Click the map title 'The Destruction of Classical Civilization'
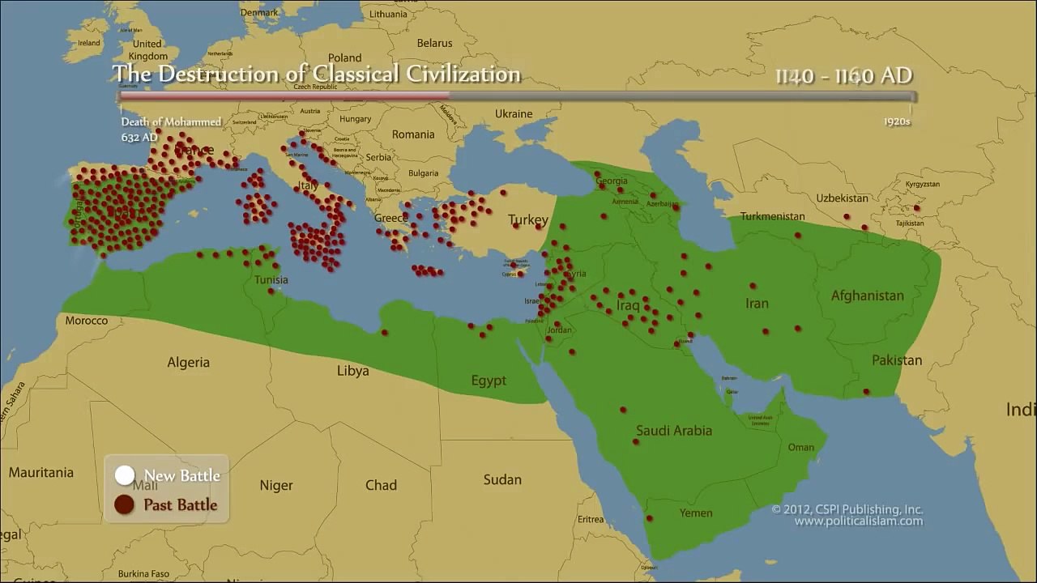(x=316, y=74)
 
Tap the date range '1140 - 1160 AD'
(x=843, y=75)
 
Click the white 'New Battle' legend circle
(x=124, y=475)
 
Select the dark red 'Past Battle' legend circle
(x=124, y=504)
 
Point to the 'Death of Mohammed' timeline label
(x=171, y=121)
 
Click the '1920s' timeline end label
(x=897, y=121)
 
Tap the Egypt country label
(x=489, y=381)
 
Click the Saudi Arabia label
(x=674, y=431)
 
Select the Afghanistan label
(x=867, y=296)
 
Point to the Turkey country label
(x=528, y=220)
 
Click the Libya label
(x=352, y=371)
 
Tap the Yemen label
(x=696, y=513)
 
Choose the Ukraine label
(x=513, y=114)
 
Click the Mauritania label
(x=41, y=472)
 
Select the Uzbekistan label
(x=842, y=198)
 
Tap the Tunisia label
(x=271, y=280)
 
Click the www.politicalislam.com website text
(x=858, y=521)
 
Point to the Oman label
(x=800, y=447)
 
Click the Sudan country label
(x=502, y=479)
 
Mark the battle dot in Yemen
(x=650, y=518)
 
